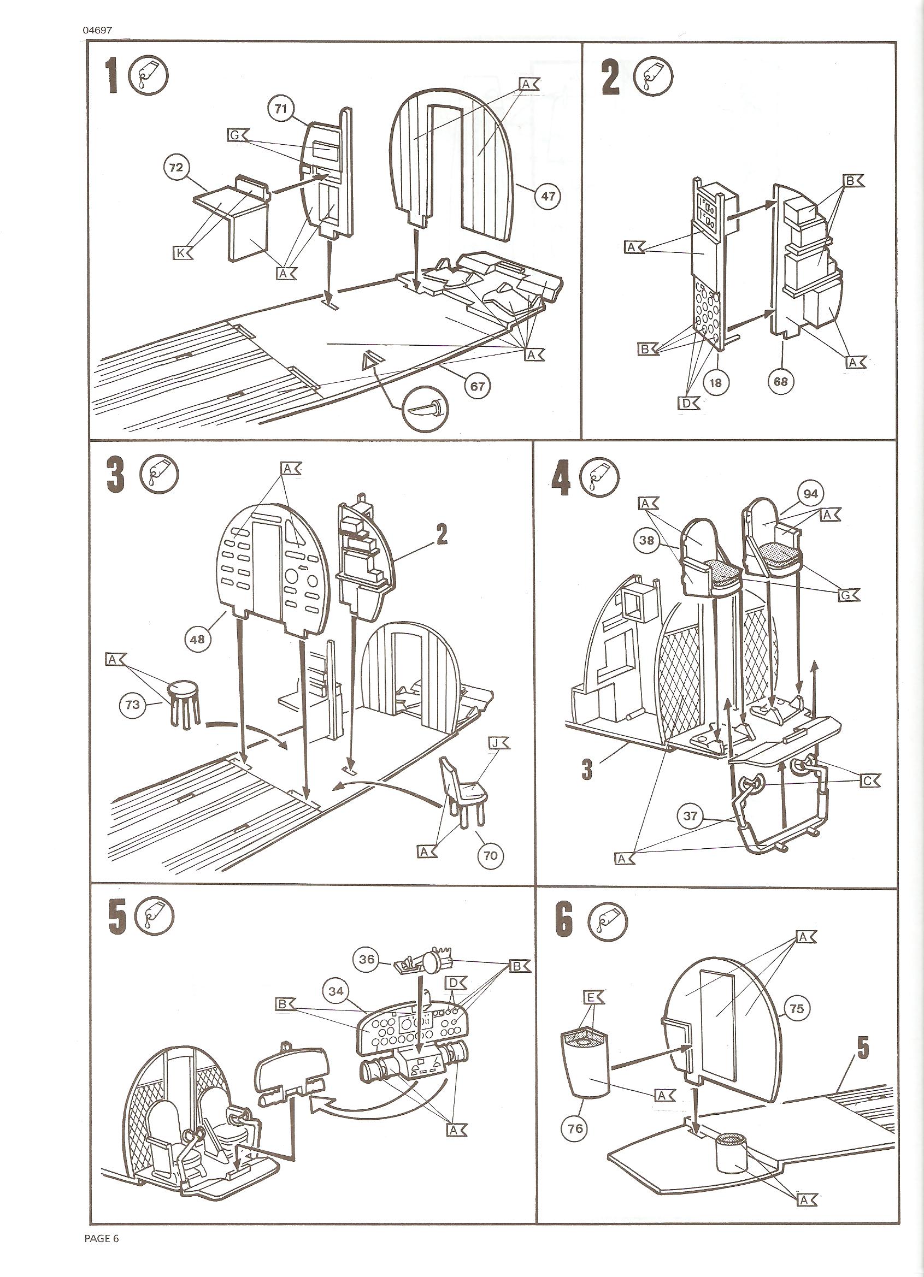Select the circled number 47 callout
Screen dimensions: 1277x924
click(x=548, y=196)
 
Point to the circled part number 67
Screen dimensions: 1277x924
click(x=477, y=387)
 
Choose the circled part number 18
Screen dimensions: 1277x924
click(x=715, y=382)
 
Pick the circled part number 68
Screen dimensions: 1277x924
click(x=780, y=381)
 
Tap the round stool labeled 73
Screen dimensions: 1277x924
click(x=183, y=704)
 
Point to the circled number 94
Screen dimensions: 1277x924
click(x=811, y=494)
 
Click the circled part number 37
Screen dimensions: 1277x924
click(x=690, y=816)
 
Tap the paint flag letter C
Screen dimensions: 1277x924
click(x=869, y=781)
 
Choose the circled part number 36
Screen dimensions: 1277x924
click(x=367, y=959)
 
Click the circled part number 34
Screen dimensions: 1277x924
click(x=336, y=991)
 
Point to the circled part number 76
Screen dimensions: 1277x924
click(x=575, y=1128)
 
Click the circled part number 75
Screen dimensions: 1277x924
click(x=797, y=1008)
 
